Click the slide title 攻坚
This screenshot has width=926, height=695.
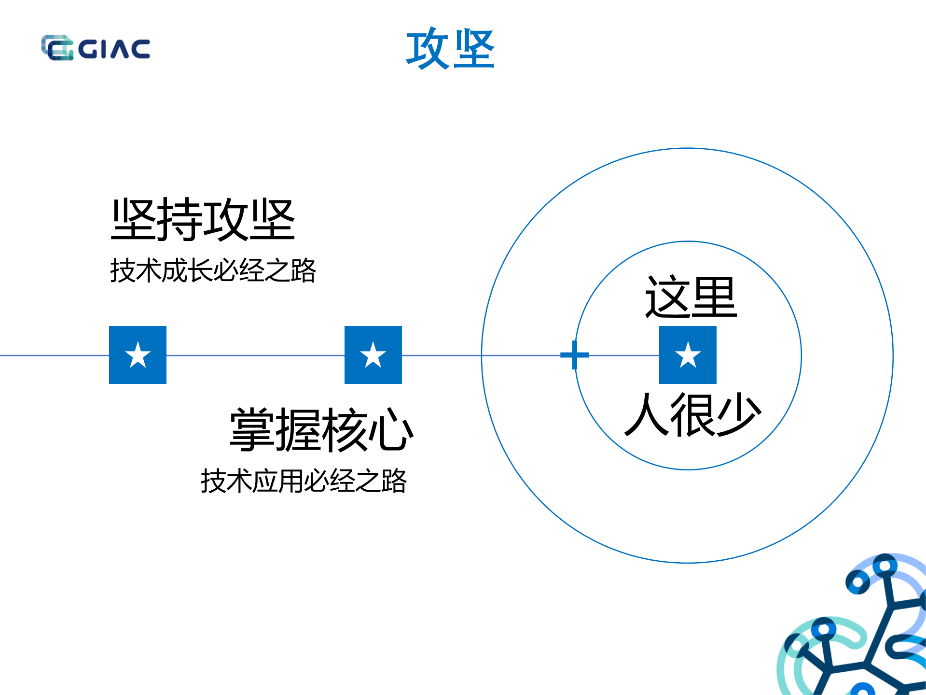450,48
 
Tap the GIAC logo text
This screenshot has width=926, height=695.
114,49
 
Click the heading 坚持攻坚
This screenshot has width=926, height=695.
203,220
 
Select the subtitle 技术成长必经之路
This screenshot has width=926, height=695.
213,270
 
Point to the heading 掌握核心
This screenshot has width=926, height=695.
321,429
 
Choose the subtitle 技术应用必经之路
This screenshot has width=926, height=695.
304,481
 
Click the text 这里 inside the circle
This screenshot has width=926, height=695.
691,297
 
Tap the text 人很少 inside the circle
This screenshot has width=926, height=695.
692,414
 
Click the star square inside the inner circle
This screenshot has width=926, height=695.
688,355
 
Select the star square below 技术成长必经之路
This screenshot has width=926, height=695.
138,355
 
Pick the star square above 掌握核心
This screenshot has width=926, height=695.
373,355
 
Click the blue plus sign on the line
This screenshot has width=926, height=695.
574,355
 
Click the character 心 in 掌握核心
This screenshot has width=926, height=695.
390,429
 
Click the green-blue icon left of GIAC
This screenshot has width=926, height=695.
57,48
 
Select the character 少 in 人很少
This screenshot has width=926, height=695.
738,414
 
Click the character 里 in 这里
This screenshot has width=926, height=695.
714,297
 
